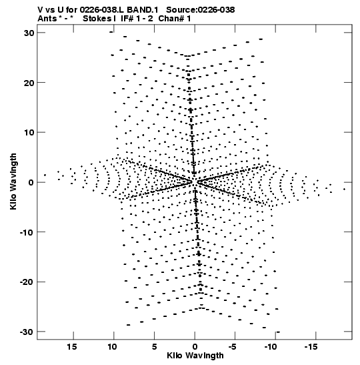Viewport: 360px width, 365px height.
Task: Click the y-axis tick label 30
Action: tap(29, 33)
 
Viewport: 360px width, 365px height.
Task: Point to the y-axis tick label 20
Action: tap(29, 83)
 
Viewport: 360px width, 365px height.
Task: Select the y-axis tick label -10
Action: tap(27, 232)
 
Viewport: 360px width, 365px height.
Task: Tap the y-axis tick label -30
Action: tap(27, 332)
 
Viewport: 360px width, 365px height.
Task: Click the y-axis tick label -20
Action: tap(27, 282)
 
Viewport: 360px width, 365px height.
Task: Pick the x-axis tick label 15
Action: tap(72, 347)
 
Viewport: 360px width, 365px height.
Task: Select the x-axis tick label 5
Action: tap(155, 347)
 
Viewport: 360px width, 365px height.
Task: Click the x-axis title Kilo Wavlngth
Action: tap(195, 356)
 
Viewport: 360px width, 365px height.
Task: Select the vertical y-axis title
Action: tap(13, 181)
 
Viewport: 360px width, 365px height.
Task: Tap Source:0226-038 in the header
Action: tap(201, 10)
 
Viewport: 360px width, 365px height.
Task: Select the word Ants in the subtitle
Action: tap(47, 19)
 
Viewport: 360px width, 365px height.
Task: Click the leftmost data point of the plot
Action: tap(45, 175)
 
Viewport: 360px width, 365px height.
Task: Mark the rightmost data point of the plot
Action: tap(344, 190)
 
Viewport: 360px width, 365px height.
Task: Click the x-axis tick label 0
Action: tap(195, 347)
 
